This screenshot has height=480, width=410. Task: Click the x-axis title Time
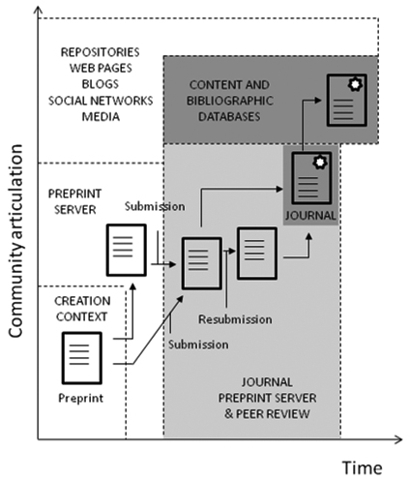[363, 466]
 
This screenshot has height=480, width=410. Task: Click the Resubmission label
[234, 318]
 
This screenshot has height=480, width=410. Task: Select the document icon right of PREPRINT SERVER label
[126, 248]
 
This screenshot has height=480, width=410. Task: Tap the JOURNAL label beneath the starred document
[309, 215]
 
